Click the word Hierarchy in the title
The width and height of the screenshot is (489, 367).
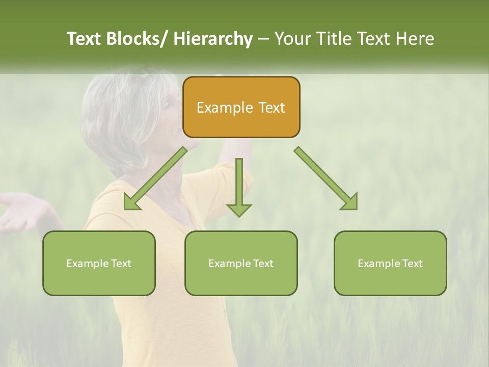[x=212, y=39]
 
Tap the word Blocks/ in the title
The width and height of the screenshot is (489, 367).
[x=136, y=39]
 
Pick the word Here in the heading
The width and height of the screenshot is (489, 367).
[x=416, y=39]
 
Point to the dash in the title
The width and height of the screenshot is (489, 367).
[x=263, y=39]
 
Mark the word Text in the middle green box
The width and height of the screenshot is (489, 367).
[x=262, y=264]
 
